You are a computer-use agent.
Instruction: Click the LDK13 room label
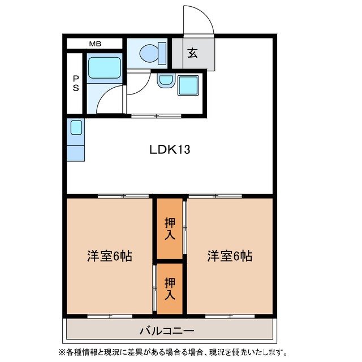point(169,150)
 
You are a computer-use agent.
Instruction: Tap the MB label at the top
point(94,43)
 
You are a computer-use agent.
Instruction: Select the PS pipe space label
point(75,83)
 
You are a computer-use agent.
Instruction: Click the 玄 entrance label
point(192,54)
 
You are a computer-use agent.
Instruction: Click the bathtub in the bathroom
point(104,68)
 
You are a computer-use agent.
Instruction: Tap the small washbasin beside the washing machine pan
point(165,81)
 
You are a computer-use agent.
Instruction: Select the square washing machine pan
point(188,85)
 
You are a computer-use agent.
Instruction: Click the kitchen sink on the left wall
point(76,128)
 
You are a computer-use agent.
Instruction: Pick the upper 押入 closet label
point(169,227)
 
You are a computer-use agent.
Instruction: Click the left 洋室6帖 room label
point(109,256)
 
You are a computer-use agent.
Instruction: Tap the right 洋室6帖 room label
point(229,256)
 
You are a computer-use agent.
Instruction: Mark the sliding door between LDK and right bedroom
point(215,196)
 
